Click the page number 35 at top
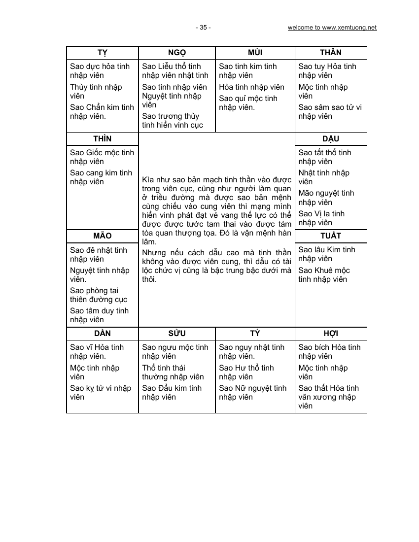pyautogui.click(x=203, y=28)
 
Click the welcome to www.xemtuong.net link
pyautogui.click(x=332, y=28)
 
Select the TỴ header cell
pyautogui.click(x=102, y=53)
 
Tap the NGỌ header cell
pyautogui.click(x=176, y=53)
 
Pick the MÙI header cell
pyautogui.click(x=255, y=53)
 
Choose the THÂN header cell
pyautogui.click(x=330, y=53)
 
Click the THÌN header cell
pyautogui.click(x=102, y=139)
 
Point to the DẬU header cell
pyautogui.click(x=330, y=139)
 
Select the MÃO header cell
pyautogui.click(x=102, y=236)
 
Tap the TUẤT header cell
pyautogui.click(x=330, y=236)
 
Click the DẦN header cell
pyautogui.click(x=102, y=334)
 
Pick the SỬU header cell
pyautogui.click(x=176, y=334)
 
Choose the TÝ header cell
pyautogui.click(x=255, y=334)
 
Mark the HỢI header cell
pyautogui.click(x=330, y=334)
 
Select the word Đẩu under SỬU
pyautogui.click(x=167, y=388)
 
